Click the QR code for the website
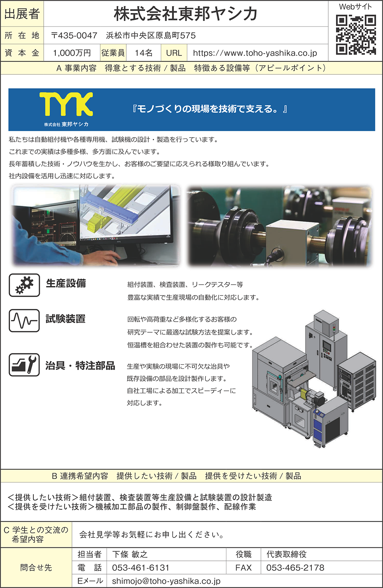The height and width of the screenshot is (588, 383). pyautogui.click(x=356, y=34)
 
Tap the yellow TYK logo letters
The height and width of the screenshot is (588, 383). pyautogui.click(x=66, y=104)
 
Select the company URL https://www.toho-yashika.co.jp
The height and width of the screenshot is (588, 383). pyautogui.click(x=255, y=53)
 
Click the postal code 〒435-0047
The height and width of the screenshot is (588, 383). pyautogui.click(x=74, y=35)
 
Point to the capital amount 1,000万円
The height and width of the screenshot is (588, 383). pyautogui.click(x=72, y=53)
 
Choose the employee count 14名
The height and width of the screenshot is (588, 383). pyautogui.click(x=144, y=53)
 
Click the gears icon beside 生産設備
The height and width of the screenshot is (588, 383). pyautogui.click(x=25, y=285)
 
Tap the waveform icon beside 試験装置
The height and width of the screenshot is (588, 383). pyautogui.click(x=25, y=320)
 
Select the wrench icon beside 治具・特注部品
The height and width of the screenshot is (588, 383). pyautogui.click(x=25, y=365)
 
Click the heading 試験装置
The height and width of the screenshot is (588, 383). pyautogui.click(x=65, y=319)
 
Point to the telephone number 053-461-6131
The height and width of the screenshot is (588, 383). pyautogui.click(x=141, y=568)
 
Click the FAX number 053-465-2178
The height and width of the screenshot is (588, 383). pyautogui.click(x=295, y=568)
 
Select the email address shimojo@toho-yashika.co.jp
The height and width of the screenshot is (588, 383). pyautogui.click(x=166, y=581)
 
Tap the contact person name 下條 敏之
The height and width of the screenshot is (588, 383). pyautogui.click(x=130, y=554)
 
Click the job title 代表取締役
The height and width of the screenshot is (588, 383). pyautogui.click(x=286, y=554)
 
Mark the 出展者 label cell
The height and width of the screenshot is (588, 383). pyautogui.click(x=22, y=14)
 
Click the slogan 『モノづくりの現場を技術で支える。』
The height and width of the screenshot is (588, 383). pyautogui.click(x=210, y=109)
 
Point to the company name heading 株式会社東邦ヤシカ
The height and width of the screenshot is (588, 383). pyautogui.click(x=185, y=14)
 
